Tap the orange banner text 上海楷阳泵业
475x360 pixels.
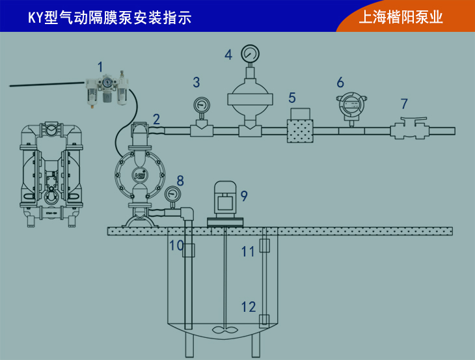point(401,17)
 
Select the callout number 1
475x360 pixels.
point(100,66)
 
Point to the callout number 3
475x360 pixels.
point(197,82)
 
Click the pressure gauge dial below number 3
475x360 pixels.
point(202,105)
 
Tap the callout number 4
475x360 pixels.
point(228,54)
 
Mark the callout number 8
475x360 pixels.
point(180,180)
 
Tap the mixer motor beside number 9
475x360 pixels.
point(226,198)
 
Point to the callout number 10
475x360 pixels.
point(176,245)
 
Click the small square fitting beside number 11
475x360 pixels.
point(264,245)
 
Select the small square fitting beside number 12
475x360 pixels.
point(264,320)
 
